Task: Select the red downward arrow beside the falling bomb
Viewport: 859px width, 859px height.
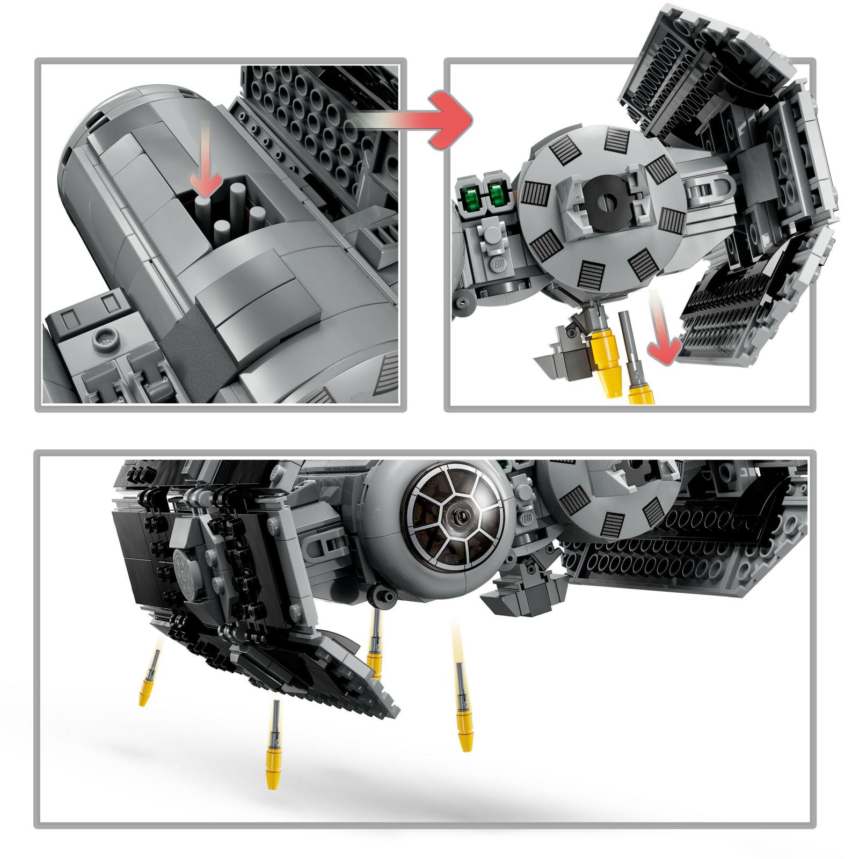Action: coord(662,341)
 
